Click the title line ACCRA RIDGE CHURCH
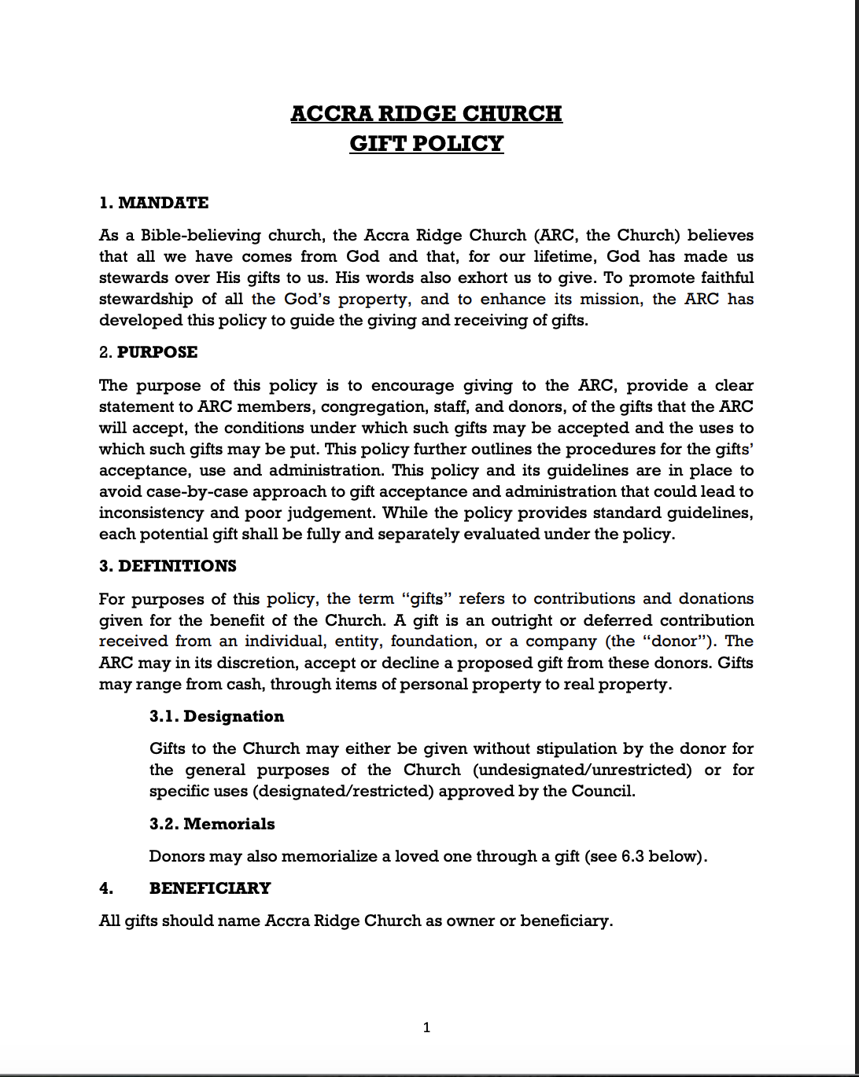tap(426, 113)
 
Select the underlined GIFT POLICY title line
tap(426, 144)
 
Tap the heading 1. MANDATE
tap(154, 203)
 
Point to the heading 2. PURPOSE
tap(149, 352)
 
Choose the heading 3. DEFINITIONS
tap(168, 566)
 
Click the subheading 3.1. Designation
tap(216, 716)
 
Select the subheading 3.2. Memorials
tap(212, 824)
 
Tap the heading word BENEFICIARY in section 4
tap(210, 888)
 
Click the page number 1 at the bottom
tap(426, 1027)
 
